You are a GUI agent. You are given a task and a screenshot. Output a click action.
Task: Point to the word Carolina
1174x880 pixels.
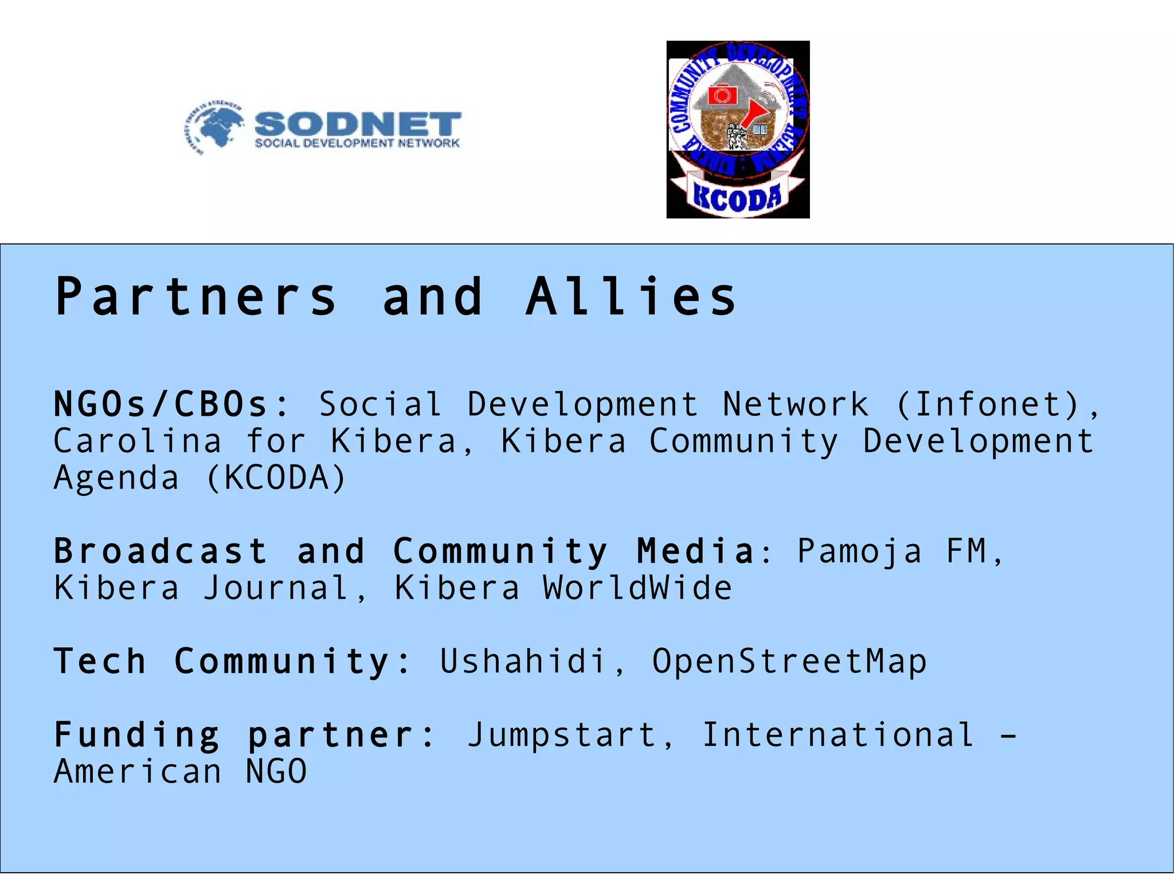point(138,441)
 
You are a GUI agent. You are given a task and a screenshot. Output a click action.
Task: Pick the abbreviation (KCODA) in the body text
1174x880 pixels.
point(276,478)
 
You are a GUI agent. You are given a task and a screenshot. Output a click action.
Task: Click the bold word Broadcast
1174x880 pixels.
point(161,551)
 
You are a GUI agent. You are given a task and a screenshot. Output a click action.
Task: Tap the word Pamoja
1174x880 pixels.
point(860,551)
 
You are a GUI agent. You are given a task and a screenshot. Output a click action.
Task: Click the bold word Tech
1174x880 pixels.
point(100,661)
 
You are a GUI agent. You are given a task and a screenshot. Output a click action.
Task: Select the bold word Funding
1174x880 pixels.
point(137,735)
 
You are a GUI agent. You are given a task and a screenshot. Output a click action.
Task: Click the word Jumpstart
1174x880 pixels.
point(562,735)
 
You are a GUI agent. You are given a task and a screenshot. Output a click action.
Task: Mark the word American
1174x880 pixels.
point(138,772)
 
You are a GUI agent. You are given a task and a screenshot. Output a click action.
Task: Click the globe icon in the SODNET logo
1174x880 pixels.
point(216,127)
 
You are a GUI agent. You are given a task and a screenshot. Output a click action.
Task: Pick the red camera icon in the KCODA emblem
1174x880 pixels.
point(722,94)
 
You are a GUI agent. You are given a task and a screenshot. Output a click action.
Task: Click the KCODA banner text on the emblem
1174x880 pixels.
point(737,198)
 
